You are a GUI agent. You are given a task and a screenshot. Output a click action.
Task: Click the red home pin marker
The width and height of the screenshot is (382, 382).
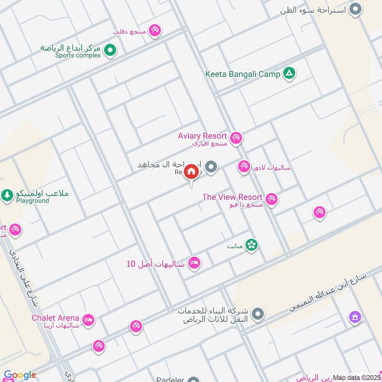click(x=191, y=171)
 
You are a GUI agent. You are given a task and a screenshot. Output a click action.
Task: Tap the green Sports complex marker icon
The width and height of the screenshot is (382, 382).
click(x=110, y=49)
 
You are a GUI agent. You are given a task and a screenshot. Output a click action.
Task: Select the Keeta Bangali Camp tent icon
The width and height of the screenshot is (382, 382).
click(x=289, y=74)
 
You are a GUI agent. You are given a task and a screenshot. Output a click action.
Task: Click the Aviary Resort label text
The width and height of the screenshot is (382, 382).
click(x=202, y=136)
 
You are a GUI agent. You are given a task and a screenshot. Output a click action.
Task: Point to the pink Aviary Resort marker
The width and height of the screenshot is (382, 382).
click(x=235, y=138)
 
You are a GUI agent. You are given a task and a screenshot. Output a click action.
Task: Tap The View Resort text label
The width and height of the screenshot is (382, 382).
click(x=232, y=197)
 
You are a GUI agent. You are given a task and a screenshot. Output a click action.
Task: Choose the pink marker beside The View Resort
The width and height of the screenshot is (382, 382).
click(x=272, y=199)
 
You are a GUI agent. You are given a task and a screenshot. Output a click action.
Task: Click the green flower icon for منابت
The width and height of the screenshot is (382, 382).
click(x=252, y=245)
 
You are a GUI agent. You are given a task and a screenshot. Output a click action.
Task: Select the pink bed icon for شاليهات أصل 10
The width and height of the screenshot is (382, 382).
click(x=194, y=263)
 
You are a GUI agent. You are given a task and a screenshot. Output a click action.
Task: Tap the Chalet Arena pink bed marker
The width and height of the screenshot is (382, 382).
click(x=88, y=320)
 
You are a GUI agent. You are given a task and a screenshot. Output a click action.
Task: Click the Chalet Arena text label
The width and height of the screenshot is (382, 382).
click(x=55, y=318)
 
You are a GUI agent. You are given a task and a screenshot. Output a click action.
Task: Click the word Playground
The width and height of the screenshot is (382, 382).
click(x=32, y=201)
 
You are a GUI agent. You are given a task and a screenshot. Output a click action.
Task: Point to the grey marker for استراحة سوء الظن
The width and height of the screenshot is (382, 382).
click(x=355, y=9)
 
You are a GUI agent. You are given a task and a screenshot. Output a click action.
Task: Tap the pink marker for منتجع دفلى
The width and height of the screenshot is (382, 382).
click(x=154, y=31)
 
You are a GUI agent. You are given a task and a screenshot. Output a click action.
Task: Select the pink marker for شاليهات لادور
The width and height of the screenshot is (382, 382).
click(x=244, y=166)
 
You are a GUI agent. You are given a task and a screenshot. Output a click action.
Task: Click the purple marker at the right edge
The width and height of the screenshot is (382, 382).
click(x=355, y=316)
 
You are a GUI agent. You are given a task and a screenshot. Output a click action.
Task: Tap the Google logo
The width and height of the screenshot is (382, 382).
click(x=20, y=375)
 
